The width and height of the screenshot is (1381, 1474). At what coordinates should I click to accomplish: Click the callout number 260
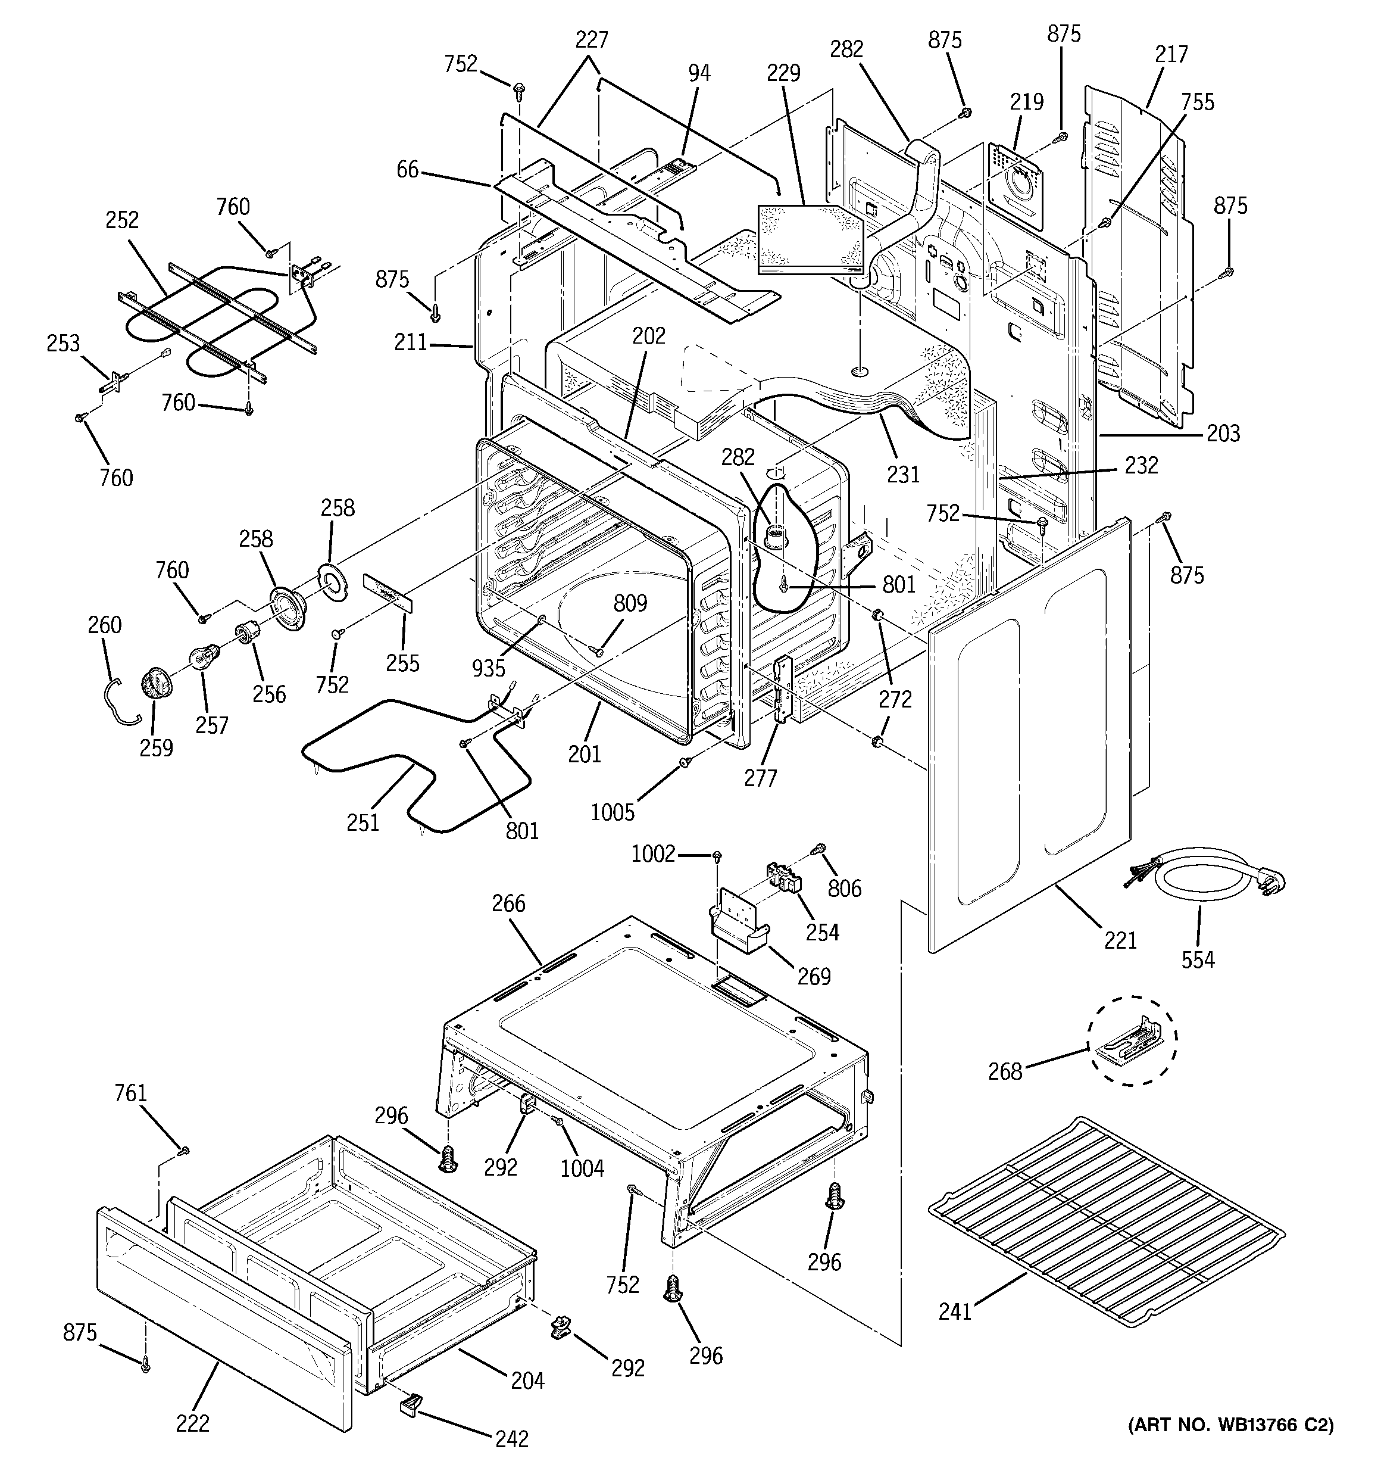(105, 625)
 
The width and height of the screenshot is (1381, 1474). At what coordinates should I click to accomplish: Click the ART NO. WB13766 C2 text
(1230, 1425)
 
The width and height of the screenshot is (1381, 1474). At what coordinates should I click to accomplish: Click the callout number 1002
(653, 854)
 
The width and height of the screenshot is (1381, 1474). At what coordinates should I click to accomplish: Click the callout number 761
(130, 1093)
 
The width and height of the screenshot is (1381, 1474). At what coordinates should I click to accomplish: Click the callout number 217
(1171, 55)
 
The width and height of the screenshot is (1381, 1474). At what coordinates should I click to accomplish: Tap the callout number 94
(698, 73)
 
